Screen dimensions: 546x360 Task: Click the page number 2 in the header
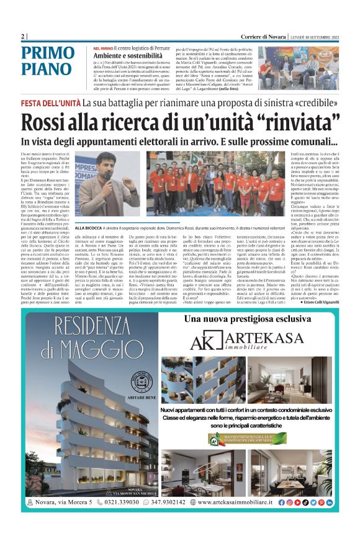tap(23, 37)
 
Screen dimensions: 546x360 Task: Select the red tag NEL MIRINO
tap(102, 48)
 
